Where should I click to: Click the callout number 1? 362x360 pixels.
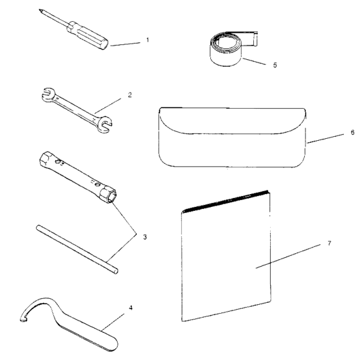click(148, 40)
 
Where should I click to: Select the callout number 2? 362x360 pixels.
click(129, 94)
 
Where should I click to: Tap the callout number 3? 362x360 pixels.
click(145, 237)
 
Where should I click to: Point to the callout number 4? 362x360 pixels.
click(131, 307)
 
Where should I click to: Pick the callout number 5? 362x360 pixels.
click(275, 65)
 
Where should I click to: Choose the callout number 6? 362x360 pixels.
click(352, 132)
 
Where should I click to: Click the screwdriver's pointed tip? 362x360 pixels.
click(40, 10)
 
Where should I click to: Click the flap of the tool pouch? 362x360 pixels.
click(231, 123)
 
